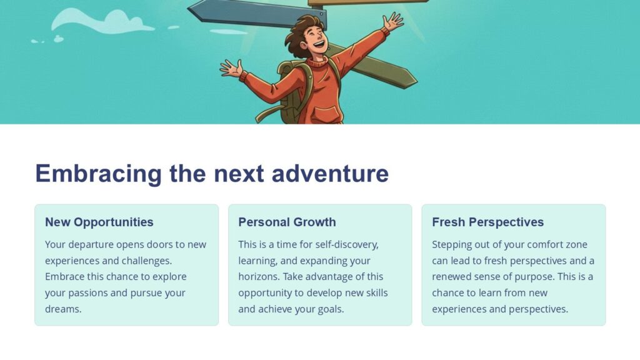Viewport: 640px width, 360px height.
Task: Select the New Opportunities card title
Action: (x=99, y=222)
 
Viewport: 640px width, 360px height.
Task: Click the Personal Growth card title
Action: (x=287, y=222)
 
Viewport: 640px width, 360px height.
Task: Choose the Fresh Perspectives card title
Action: (x=487, y=222)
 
